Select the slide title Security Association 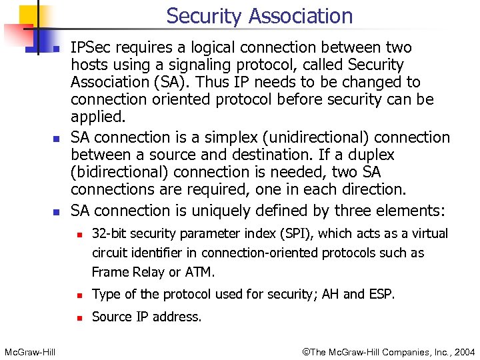pos(259,15)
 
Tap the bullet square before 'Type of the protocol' pos(79,295)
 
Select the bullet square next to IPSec pos(57,49)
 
